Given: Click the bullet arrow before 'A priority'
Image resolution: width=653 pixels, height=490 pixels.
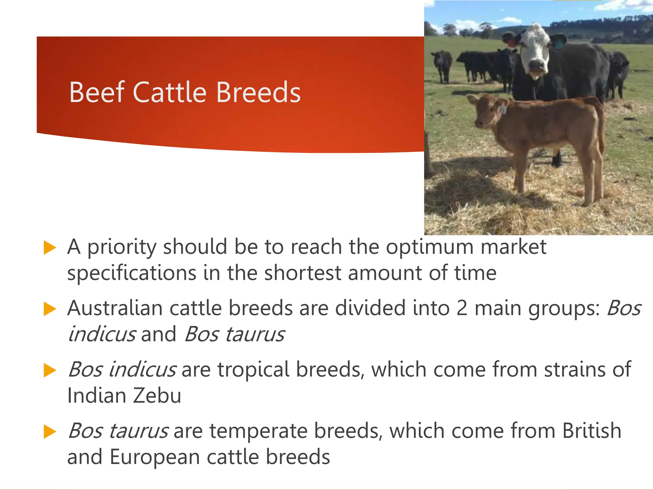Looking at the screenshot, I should (x=49, y=248).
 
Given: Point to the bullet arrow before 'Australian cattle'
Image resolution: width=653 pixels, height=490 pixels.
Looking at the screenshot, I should (x=49, y=309).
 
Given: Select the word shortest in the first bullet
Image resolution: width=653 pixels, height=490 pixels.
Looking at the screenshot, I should (x=303, y=273).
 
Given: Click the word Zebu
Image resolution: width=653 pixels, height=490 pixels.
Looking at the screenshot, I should (x=157, y=396).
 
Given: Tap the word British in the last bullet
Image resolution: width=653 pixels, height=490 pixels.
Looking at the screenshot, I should (x=591, y=431).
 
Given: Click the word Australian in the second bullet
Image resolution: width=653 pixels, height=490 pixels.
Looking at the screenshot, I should (x=115, y=308).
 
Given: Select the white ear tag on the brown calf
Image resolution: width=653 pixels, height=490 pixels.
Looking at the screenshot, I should (x=503, y=109).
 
